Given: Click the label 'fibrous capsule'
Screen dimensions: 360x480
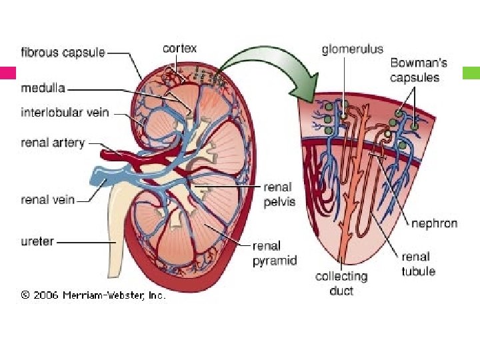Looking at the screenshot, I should click(63, 53).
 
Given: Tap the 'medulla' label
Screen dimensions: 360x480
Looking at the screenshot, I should click(43, 87).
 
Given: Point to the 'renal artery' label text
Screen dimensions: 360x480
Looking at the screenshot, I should click(53, 143).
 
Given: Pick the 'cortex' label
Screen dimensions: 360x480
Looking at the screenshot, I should click(180, 49).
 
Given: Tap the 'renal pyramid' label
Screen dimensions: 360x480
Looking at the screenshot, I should click(274, 253).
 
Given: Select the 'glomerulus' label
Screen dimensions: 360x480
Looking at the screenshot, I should click(352, 49).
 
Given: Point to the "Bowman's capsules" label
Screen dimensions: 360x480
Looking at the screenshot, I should click(418, 71).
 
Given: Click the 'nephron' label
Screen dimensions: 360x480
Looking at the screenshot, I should click(434, 223).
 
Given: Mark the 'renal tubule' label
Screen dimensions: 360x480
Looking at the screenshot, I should click(417, 263).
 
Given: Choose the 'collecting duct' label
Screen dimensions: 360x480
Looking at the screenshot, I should click(341, 283).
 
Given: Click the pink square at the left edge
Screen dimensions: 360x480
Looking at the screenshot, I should click(8, 73).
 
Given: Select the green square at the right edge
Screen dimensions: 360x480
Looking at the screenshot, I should click(471, 73).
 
